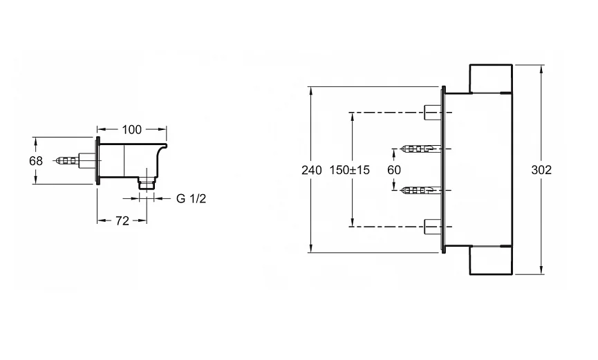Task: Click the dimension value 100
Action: tap(131, 129)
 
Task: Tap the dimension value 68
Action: tap(36, 161)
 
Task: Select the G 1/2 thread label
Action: tap(191, 199)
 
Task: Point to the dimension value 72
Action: tap(121, 221)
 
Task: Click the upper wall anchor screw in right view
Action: tap(419, 149)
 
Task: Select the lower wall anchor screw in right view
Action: tap(419, 189)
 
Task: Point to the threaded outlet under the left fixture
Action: tap(146, 183)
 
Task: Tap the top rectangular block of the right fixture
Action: tap(490, 79)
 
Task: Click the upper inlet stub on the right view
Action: tap(431, 111)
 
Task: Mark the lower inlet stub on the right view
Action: tap(431, 225)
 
